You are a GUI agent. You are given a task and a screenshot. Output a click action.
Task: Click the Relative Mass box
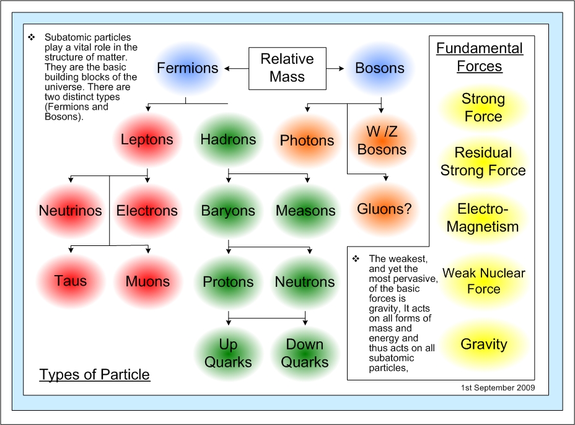(287, 68)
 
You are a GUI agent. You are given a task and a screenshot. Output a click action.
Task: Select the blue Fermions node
(187, 68)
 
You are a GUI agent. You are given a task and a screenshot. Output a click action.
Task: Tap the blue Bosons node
(380, 68)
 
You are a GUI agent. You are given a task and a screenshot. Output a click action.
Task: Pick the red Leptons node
(147, 140)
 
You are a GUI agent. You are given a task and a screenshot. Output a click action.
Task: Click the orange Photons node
(307, 141)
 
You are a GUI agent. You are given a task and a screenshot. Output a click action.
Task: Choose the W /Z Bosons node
(382, 141)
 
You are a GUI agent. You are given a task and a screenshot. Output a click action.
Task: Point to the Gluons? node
(384, 209)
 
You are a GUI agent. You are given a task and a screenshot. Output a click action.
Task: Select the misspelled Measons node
(305, 211)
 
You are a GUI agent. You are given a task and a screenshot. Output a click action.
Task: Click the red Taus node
(71, 281)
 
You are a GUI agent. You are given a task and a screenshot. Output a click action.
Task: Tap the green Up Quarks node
(228, 354)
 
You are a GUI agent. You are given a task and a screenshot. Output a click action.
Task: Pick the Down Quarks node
(305, 354)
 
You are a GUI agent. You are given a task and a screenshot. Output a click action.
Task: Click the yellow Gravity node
(484, 344)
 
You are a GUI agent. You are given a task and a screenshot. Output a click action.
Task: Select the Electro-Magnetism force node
(483, 218)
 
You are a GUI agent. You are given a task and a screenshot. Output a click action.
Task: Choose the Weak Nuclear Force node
(484, 281)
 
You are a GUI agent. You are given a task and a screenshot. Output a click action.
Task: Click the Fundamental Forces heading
(480, 57)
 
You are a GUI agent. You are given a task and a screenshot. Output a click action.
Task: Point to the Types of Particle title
(95, 374)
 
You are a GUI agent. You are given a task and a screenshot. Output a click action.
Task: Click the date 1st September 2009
(498, 388)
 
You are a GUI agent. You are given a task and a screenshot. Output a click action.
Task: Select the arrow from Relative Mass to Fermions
(237, 69)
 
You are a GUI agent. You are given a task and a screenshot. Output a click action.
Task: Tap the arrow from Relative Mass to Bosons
(335, 68)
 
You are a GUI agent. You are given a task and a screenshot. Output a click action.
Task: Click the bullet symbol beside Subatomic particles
(32, 37)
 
